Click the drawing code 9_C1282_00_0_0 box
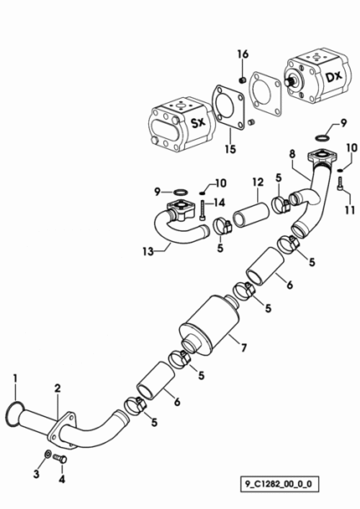click(279, 485)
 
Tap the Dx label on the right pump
click(333, 77)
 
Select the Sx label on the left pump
click(198, 122)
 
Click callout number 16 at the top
click(243, 54)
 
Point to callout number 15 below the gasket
click(230, 149)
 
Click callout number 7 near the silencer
click(244, 347)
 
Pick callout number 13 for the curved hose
click(148, 251)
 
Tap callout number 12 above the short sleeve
click(258, 183)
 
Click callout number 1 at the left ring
click(15, 378)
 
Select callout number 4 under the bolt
click(62, 479)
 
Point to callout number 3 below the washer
click(36, 474)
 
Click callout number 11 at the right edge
click(350, 209)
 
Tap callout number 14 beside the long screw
click(219, 203)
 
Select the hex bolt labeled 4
click(59, 459)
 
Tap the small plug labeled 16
click(241, 80)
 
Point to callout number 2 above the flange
click(58, 388)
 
